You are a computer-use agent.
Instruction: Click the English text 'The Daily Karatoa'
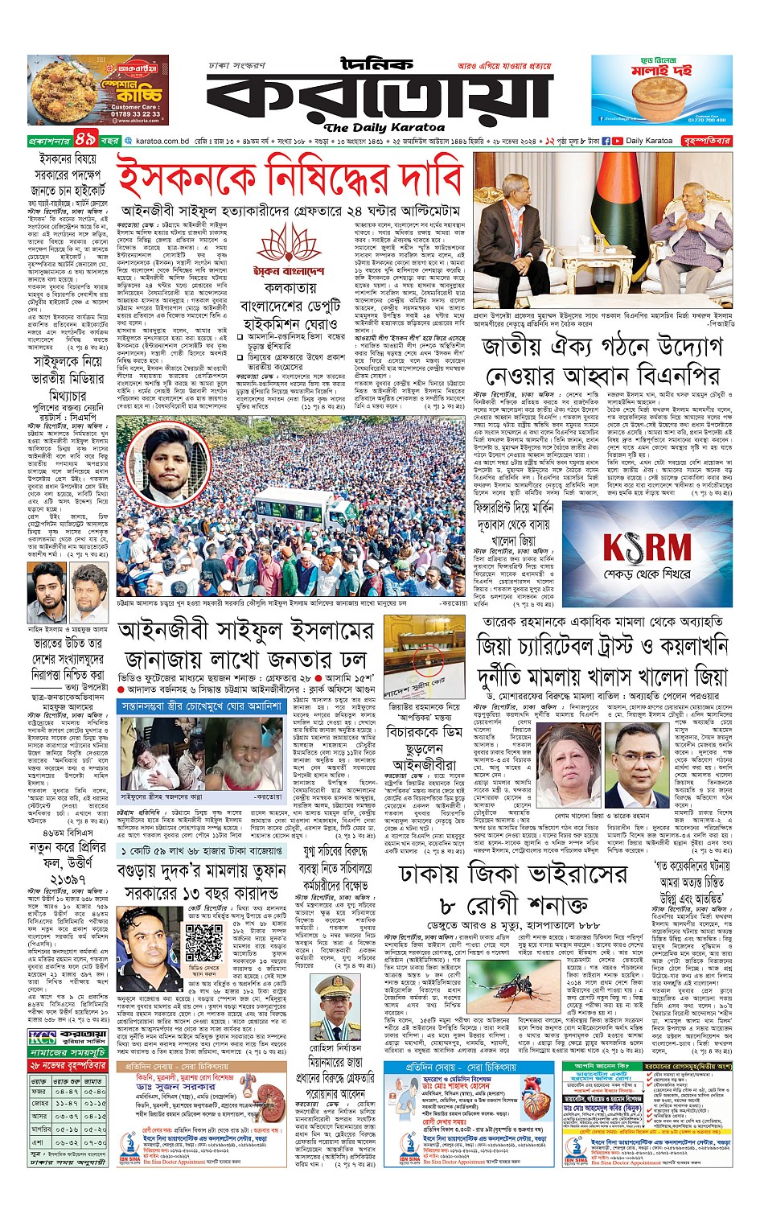(x=384, y=127)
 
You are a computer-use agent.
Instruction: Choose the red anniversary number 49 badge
(x=86, y=139)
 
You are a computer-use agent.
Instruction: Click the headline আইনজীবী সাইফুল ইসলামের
(x=245, y=629)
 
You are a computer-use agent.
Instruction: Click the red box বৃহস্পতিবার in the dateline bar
(x=706, y=141)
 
